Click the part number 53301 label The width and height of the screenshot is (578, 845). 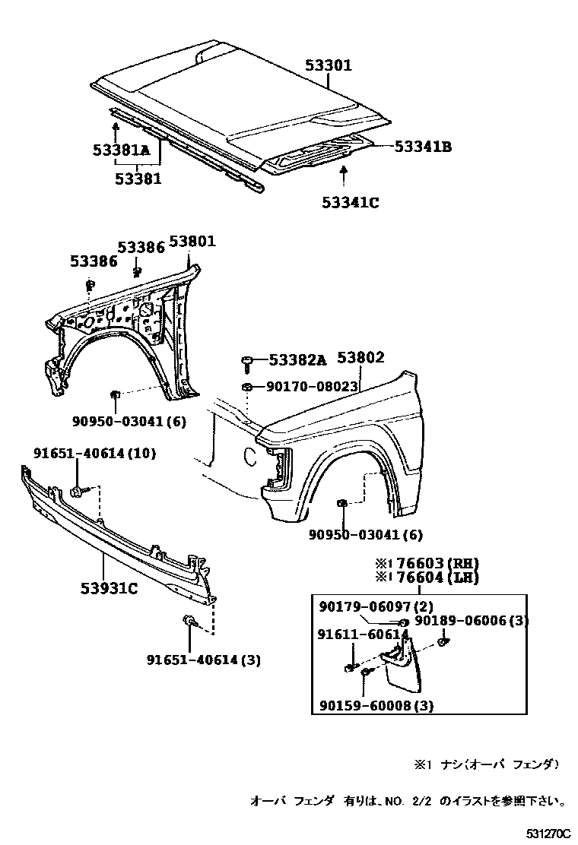(329, 66)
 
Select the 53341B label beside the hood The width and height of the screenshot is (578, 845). (423, 147)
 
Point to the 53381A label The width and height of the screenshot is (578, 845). (122, 151)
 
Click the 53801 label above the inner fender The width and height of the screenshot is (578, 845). (192, 242)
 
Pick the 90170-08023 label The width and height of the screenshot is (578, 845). (312, 387)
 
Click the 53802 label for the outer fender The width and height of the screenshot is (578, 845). (360, 358)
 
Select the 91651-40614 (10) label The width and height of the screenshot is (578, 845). (94, 454)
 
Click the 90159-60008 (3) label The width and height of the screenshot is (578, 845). (376, 706)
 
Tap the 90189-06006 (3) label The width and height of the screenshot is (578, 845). (472, 620)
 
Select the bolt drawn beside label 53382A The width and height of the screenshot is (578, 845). (249, 363)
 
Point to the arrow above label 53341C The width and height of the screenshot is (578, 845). (345, 176)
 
